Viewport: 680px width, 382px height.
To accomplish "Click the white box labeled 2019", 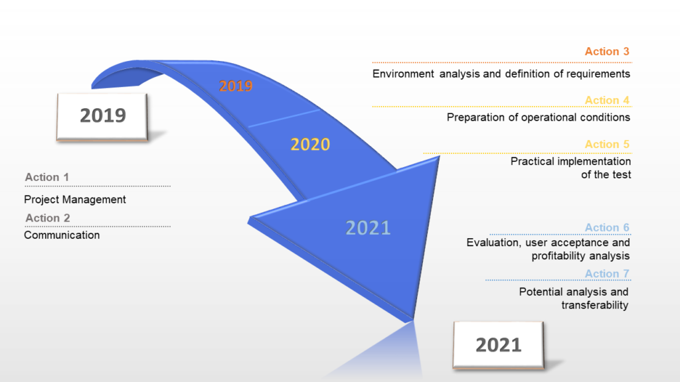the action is click(x=102, y=117).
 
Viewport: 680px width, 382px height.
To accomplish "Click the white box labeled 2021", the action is click(x=498, y=345).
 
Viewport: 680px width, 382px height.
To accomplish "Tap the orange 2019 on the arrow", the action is click(x=236, y=86).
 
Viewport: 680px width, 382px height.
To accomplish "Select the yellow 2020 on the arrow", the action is click(x=310, y=144).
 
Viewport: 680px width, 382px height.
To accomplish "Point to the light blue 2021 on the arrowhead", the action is click(x=368, y=228).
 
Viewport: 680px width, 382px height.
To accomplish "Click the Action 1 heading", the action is click(x=47, y=177).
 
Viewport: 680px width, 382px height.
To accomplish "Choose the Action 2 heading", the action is click(x=48, y=218).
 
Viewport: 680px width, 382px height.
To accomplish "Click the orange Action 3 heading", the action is click(x=607, y=52).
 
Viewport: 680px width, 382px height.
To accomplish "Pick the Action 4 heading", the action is click(x=607, y=101).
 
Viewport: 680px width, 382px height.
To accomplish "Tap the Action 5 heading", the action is click(x=607, y=144).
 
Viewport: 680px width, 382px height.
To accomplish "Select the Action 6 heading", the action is click(x=607, y=227).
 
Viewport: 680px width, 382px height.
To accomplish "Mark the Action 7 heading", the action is click(x=607, y=274).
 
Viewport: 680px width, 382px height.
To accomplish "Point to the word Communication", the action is click(x=62, y=235).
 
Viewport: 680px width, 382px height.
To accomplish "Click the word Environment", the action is click(x=403, y=74).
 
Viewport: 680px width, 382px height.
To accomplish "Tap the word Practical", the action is click(x=532, y=162).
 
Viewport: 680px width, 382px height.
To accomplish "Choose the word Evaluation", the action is click(x=493, y=243).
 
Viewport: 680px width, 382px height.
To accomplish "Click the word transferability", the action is click(x=594, y=305).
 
